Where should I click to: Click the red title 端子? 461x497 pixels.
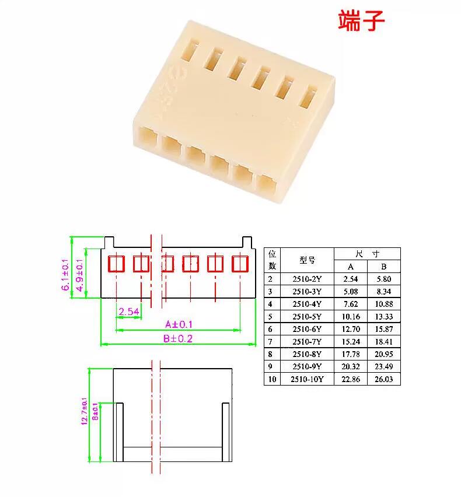point(361,20)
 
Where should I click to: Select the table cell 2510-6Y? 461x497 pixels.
point(307,329)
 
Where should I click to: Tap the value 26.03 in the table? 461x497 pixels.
point(383,379)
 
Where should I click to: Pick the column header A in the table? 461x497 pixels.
point(350,267)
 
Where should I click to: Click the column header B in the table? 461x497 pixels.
point(383,267)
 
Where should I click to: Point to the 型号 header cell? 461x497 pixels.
point(307,260)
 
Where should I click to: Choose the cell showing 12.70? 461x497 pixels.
point(351,329)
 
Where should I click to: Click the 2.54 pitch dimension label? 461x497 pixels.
point(129,311)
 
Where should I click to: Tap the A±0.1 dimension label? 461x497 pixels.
point(179,324)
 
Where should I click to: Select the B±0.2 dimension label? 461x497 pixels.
point(178,338)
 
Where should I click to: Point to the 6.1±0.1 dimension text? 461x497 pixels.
point(65,275)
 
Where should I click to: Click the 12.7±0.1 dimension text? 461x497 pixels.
point(85,411)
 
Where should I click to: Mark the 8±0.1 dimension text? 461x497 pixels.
point(95,412)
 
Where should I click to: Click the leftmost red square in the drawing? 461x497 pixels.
point(116,264)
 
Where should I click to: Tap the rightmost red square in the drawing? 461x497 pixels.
point(240,264)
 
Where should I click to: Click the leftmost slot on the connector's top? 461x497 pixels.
point(189,49)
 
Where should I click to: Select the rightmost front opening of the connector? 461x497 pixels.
point(267,185)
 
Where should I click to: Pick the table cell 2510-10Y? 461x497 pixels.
point(307,379)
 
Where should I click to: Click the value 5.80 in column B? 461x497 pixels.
point(383,279)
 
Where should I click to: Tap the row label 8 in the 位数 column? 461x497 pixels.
point(270,354)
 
